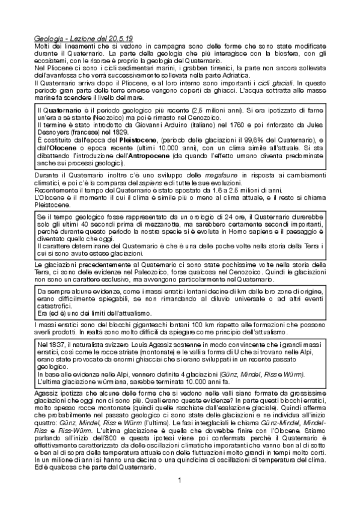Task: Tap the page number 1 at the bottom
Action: point(180,479)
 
